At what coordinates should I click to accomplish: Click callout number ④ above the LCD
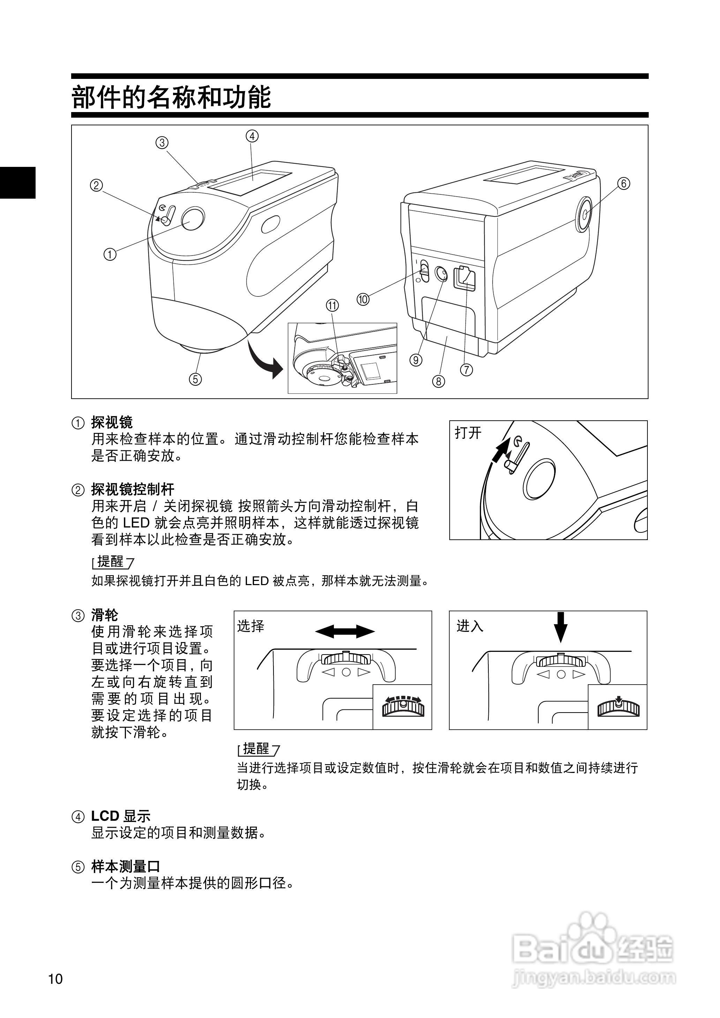(x=252, y=136)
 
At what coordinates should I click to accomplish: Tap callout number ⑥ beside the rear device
(x=623, y=183)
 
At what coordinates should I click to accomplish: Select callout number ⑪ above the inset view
(x=332, y=305)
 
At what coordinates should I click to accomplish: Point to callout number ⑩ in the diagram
(x=363, y=300)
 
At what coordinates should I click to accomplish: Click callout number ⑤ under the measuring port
(x=195, y=379)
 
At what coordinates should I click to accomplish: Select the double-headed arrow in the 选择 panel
(x=345, y=631)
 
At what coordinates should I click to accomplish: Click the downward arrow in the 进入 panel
(x=561, y=627)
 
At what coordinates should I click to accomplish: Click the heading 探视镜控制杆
(x=133, y=490)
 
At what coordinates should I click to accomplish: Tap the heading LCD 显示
(x=121, y=816)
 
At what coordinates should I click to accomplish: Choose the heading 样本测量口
(x=126, y=866)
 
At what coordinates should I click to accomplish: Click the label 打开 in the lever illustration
(x=468, y=433)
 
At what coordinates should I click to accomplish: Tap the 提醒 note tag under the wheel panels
(x=257, y=749)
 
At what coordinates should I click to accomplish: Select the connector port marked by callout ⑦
(x=465, y=279)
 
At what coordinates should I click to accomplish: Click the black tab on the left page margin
(x=18, y=182)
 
